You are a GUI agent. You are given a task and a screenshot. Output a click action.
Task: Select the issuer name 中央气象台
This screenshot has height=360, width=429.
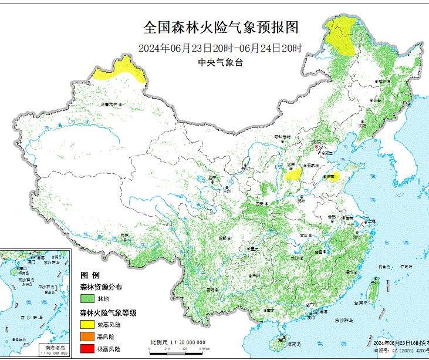[x=220, y=62]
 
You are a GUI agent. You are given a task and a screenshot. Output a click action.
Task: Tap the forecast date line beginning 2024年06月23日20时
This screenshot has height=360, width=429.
[x=221, y=48]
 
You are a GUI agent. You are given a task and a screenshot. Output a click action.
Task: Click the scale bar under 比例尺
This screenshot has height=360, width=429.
[x=176, y=348]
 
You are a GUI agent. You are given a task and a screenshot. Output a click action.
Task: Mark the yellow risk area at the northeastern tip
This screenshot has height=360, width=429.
[x=341, y=37]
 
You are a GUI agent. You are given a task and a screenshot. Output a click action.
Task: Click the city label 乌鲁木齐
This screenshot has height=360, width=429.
[x=110, y=104]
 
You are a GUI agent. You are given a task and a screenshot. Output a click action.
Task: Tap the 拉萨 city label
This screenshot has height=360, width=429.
[x=124, y=235]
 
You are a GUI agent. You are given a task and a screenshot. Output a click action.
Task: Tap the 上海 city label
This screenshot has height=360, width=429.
[x=370, y=222]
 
